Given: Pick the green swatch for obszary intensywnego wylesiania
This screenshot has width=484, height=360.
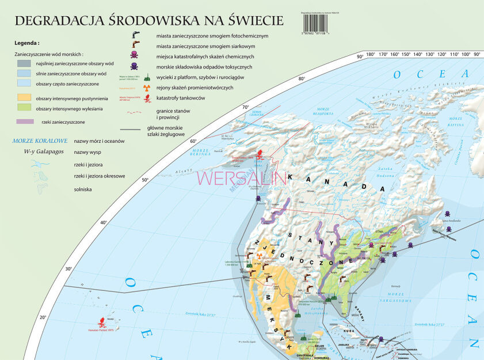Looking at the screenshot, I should pyautogui.click(x=25, y=108).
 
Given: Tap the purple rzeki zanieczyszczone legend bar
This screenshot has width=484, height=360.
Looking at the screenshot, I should pyautogui.click(x=25, y=122).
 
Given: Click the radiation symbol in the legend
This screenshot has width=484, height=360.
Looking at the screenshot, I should pyautogui.click(x=146, y=88).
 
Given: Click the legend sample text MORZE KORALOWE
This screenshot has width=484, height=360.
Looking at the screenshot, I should pyautogui.click(x=40, y=141).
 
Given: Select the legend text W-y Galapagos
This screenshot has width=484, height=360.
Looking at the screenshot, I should pyautogui.click(x=40, y=151).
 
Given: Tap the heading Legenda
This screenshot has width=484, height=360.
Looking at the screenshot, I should pyautogui.click(x=27, y=43).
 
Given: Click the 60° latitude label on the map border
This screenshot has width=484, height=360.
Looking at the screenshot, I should pyautogui.click(x=193, y=141).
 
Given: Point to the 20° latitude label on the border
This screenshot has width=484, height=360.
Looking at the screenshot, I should pyautogui.click(x=42, y=317).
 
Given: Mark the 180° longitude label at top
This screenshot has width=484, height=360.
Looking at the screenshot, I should pyautogui.click(x=371, y=55).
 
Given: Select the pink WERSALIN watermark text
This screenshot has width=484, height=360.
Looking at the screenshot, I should pyautogui.click(x=242, y=177).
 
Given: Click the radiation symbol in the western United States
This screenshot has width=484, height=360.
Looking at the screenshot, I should pyautogui.click(x=260, y=253).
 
